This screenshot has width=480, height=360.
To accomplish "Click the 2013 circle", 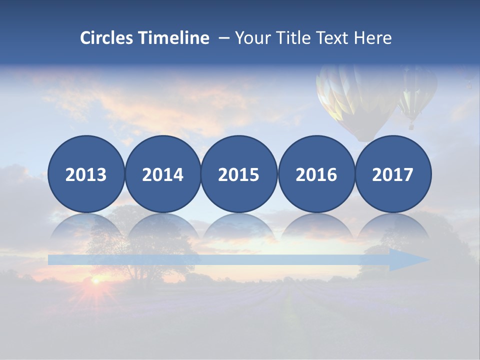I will pos(86,174).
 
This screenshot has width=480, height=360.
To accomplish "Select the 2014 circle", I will pos(162,174).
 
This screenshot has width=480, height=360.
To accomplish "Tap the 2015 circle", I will pos(239,174).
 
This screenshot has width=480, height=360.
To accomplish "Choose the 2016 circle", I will pos(316,174).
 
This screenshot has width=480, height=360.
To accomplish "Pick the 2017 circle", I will pos(392,174).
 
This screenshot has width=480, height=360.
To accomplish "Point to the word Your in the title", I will pos(250,38).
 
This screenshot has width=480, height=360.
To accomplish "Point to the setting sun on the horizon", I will pos(94,281).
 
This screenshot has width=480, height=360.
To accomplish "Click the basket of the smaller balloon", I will pos(411,126).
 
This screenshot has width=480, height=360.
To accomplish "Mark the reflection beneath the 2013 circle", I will pos(86,227).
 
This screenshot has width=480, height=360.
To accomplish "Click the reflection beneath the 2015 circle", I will pos(239,227).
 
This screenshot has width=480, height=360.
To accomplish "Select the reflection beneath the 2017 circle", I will pos(392,227).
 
